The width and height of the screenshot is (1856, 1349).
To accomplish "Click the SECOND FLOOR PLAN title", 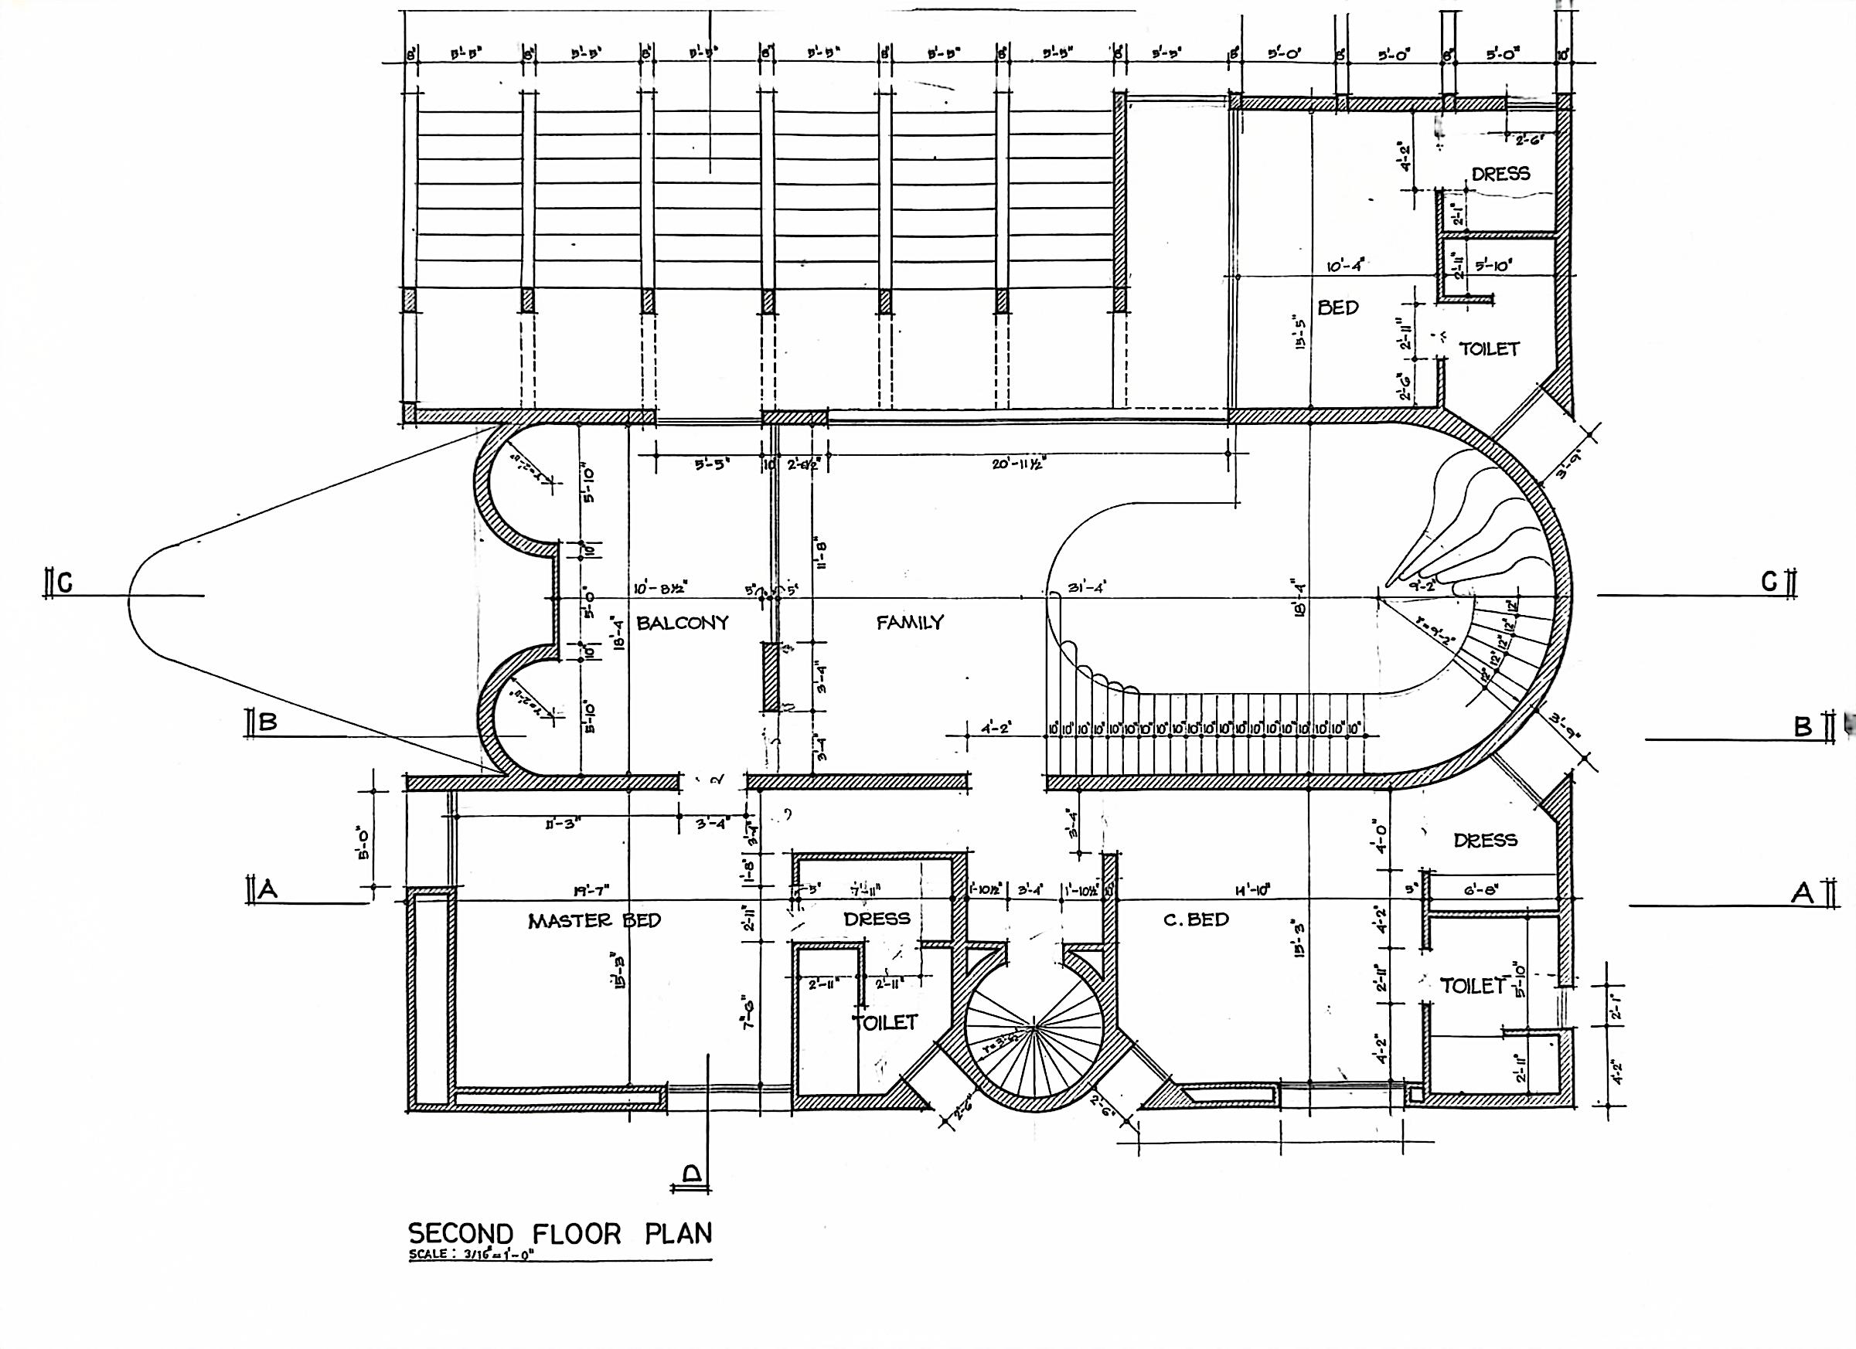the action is point(560,1233).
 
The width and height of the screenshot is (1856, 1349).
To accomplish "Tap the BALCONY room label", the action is point(682,623).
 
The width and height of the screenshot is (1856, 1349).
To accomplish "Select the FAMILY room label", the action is point(910,623).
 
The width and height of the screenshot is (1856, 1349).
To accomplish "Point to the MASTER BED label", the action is point(594,920).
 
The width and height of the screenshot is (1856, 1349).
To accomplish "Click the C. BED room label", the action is point(1196,919).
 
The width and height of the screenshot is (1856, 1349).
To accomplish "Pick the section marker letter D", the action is point(692,1176).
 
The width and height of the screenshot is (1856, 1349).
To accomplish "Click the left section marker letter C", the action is point(65,583).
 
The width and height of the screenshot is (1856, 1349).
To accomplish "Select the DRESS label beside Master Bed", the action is point(877,919).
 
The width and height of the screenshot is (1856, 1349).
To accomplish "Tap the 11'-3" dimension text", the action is point(559,824).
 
